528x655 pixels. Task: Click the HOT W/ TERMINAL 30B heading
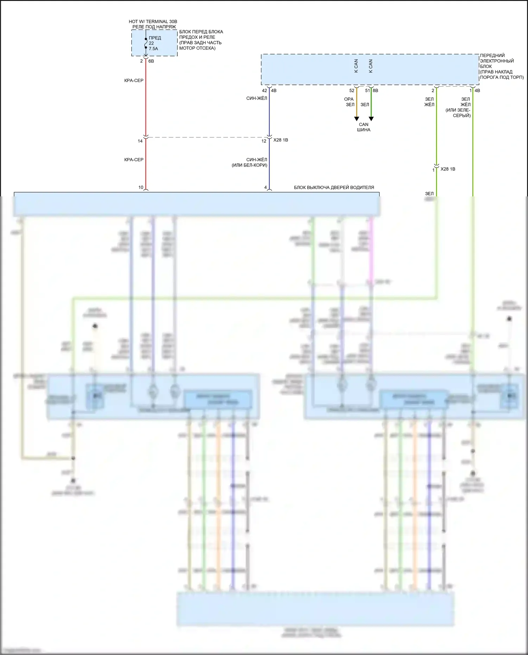[x=153, y=22]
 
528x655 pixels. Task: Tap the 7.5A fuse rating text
[x=153, y=49]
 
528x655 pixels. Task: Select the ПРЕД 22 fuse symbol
[x=146, y=43]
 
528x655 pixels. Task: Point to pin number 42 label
[x=264, y=90]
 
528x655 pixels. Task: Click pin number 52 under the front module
[x=352, y=90]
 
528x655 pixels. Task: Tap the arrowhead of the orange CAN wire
[x=357, y=119]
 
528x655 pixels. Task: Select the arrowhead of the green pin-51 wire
[x=371, y=119]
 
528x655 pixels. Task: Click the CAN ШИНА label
[x=364, y=127]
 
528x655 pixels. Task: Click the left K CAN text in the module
[x=356, y=66]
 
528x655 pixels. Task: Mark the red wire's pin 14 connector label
[x=140, y=141]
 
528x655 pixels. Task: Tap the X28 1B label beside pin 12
[x=281, y=140]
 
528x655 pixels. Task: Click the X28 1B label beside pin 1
[x=448, y=169]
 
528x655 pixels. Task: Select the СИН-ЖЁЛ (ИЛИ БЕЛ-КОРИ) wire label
[x=250, y=162]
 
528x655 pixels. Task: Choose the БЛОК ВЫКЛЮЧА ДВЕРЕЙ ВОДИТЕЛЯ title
[x=334, y=188]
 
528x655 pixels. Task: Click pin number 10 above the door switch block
[x=141, y=187]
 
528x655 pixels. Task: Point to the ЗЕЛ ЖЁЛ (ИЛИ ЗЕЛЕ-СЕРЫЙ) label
[x=458, y=107]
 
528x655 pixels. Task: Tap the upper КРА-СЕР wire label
[x=134, y=81]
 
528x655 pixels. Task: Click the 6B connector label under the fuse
[x=151, y=61]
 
